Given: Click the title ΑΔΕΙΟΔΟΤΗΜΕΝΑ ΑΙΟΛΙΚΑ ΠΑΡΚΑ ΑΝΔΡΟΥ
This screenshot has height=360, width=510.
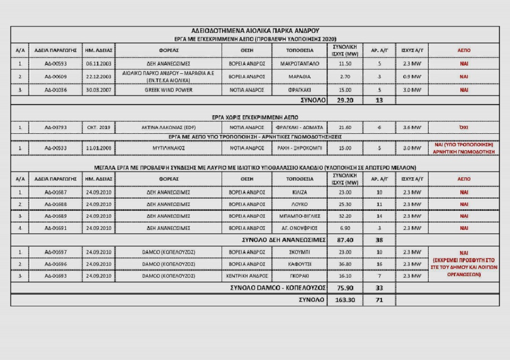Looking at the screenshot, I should click(x=254, y=30).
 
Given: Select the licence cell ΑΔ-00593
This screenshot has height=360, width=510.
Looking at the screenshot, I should click(x=55, y=64).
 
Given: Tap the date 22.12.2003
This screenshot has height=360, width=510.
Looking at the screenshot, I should click(x=98, y=76).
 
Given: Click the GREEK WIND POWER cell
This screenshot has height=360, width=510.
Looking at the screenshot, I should click(x=168, y=90).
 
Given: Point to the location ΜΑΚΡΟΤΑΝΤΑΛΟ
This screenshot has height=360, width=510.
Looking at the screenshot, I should click(x=300, y=64).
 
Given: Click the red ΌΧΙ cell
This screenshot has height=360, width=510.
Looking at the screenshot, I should click(x=464, y=127).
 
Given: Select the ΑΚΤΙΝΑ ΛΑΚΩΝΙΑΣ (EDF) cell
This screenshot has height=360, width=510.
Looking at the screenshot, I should click(x=168, y=127).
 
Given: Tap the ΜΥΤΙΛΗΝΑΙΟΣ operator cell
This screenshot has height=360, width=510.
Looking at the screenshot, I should click(x=168, y=148).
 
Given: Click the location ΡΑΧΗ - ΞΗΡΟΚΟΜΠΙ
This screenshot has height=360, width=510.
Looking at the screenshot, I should click(x=300, y=148).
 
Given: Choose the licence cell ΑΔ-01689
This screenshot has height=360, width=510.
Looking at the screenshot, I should click(x=55, y=217).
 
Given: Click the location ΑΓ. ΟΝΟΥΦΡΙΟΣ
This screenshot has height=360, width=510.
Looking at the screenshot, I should click(x=300, y=228).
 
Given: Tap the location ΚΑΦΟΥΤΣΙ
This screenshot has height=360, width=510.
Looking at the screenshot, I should click(x=300, y=264).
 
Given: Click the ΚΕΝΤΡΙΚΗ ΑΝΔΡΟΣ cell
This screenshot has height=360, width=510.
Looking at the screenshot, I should click(x=246, y=276).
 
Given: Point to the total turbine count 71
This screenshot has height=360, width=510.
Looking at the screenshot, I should click(x=379, y=300).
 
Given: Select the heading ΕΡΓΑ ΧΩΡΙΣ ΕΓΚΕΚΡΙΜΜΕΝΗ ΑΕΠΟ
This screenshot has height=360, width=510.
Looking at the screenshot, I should click(x=254, y=116).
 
